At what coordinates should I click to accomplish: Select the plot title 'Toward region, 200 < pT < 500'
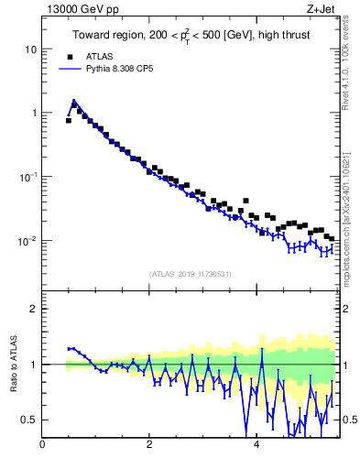point(191,37)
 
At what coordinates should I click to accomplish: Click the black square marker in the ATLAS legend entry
point(69,56)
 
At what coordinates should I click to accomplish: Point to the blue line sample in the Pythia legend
point(70,68)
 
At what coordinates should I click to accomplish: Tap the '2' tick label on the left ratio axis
point(34,309)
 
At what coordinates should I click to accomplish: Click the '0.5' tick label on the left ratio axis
point(29,420)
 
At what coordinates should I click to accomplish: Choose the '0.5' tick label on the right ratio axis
point(348,420)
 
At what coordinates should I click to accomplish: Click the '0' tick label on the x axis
point(42,444)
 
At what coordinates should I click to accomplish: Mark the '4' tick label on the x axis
point(256,444)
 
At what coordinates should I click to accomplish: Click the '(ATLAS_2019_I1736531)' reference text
point(191,274)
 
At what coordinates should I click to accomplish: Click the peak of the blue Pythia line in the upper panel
point(73,102)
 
